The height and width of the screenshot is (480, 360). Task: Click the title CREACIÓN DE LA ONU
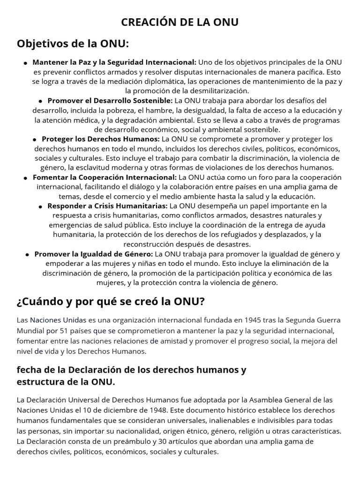coord(180,22)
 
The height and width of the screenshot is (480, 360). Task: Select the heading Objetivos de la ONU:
coord(73,44)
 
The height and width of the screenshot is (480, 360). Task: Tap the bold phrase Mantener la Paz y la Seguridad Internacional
coord(114,62)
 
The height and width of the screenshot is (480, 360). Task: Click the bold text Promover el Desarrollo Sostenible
coord(110,100)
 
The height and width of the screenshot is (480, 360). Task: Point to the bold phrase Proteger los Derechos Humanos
coord(101,139)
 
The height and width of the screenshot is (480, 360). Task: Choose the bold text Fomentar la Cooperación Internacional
coord(105,177)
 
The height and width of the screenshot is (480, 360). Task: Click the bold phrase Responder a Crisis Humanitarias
coord(107,206)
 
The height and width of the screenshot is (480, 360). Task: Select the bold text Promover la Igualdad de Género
coord(94,254)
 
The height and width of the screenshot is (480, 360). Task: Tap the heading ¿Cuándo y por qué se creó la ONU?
coord(111,301)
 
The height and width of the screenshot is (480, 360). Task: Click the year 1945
coord(251,320)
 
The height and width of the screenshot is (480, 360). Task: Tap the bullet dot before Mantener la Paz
coord(25,63)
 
